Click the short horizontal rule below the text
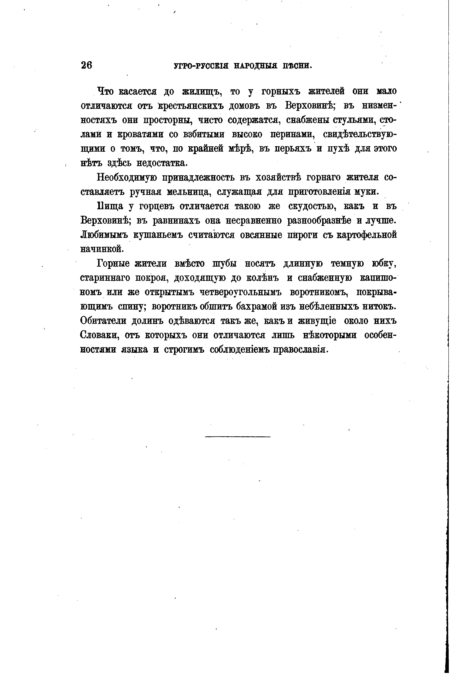[238, 436]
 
